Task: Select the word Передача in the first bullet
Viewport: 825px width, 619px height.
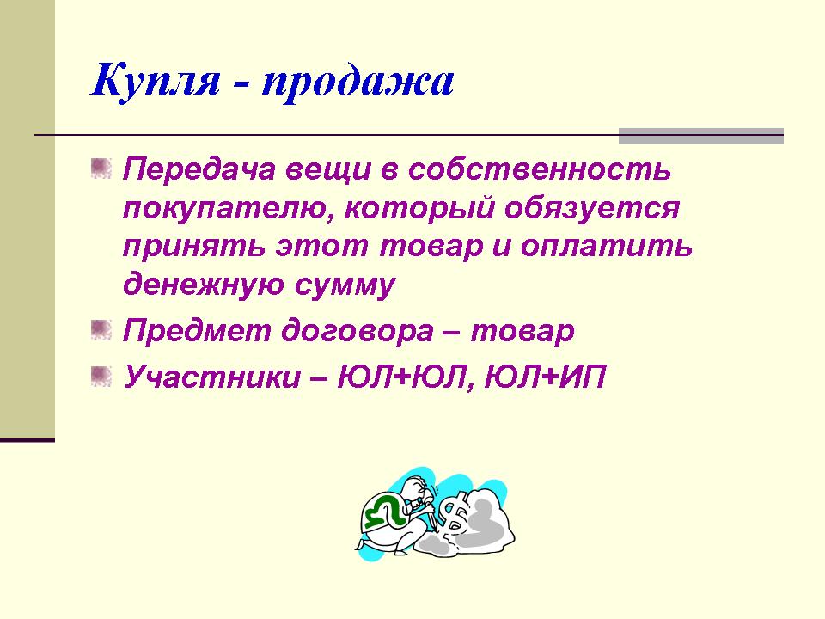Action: (x=199, y=170)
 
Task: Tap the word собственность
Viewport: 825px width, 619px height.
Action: (x=540, y=169)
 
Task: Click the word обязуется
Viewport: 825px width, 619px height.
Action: (x=592, y=208)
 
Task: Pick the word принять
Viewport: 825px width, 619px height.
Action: (x=193, y=248)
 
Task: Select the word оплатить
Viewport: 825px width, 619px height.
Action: (x=607, y=247)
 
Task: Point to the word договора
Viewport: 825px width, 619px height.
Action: (x=357, y=331)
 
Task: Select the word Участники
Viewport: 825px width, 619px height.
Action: (x=212, y=377)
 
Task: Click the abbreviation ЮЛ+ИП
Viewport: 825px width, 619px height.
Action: (x=545, y=377)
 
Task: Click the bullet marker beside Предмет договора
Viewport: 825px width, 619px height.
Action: (x=101, y=329)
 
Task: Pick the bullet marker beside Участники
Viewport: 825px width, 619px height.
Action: (x=101, y=376)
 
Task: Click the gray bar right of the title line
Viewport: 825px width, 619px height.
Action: (x=701, y=136)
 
